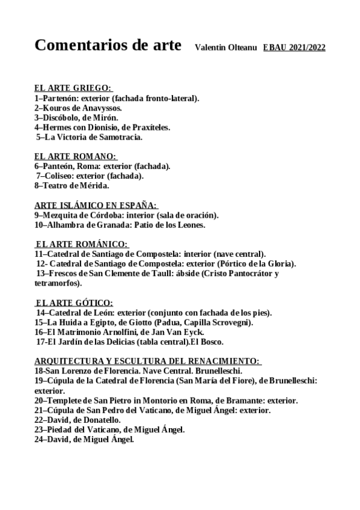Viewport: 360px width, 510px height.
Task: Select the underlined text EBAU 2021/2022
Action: pyautogui.click(x=294, y=48)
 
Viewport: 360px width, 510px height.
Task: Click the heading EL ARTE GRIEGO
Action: pyautogui.click(x=73, y=88)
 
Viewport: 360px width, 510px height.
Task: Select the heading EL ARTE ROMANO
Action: pyautogui.click(x=75, y=156)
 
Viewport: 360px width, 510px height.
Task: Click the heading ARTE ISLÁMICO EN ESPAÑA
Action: pyautogui.click(x=96, y=205)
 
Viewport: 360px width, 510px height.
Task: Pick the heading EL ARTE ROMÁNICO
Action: pyautogui.click(x=82, y=244)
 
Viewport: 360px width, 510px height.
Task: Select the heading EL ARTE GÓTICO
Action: pyautogui.click(x=74, y=303)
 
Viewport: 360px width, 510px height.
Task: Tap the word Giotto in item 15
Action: pyautogui.click(x=124, y=322)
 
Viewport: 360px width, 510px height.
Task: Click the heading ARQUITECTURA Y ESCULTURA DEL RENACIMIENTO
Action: pyautogui.click(x=147, y=361)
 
